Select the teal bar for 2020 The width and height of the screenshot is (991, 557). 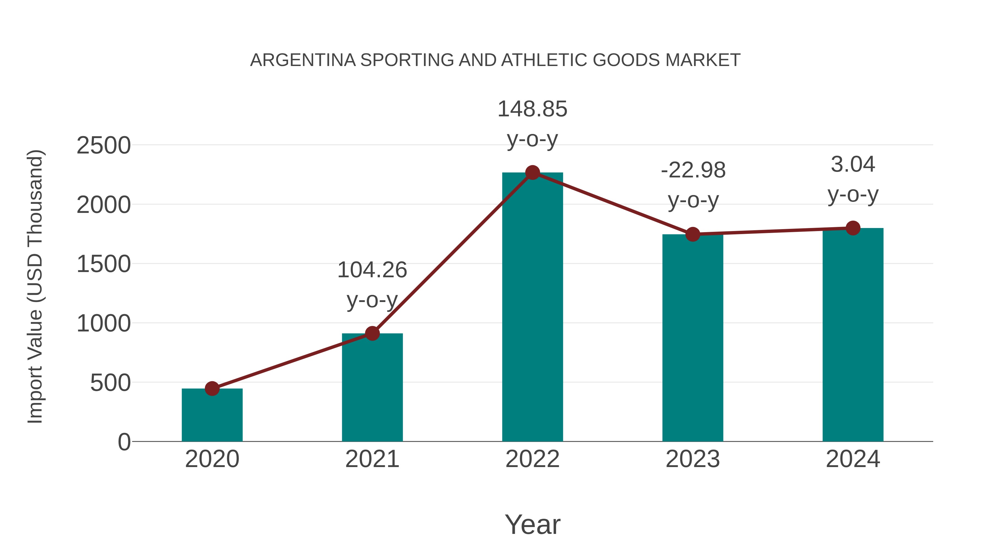click(212, 417)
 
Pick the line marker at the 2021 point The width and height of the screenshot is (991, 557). click(372, 333)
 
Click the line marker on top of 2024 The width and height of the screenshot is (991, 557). click(853, 228)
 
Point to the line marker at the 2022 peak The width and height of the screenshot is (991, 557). click(532, 172)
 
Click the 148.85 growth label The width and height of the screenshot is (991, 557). click(532, 109)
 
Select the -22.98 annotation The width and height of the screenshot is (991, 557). click(693, 170)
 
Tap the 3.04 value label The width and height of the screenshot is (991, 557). click(853, 164)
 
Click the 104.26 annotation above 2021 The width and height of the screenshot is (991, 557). click(372, 270)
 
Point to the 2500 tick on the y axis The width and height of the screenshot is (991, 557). click(104, 146)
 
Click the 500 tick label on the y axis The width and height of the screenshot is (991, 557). click(110, 383)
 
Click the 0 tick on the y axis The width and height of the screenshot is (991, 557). click(124, 442)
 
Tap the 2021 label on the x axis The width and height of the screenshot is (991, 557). click(372, 459)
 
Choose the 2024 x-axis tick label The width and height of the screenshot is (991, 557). click(853, 459)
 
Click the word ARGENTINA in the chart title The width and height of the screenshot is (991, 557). click(303, 60)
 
